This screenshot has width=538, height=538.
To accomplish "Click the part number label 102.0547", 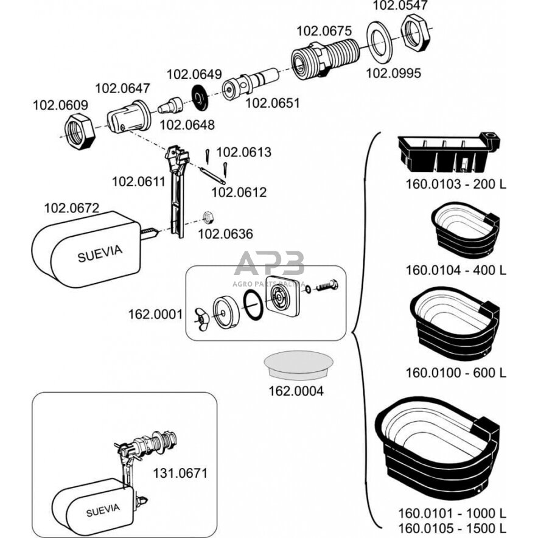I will coord(400,6).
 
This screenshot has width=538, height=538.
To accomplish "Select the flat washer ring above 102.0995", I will coord(380,41).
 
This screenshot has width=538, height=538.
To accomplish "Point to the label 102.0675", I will coord(324,30).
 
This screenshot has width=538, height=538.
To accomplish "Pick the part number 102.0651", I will coord(272,103).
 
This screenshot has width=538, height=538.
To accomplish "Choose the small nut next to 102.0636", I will coord(207,215).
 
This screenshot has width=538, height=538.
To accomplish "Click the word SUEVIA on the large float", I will coord(100,252).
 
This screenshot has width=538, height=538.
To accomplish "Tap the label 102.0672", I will coord(72,208).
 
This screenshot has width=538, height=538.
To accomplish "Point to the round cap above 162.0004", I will coord(297,363).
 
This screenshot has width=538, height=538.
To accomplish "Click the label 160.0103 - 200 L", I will coord(455,184).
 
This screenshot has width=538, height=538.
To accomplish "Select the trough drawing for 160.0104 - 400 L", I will coord(465,230).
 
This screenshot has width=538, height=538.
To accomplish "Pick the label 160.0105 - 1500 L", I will coord(451,527).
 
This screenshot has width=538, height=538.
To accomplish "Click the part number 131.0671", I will coord(181,472).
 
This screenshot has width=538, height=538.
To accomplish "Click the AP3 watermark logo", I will coord(269,266).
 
